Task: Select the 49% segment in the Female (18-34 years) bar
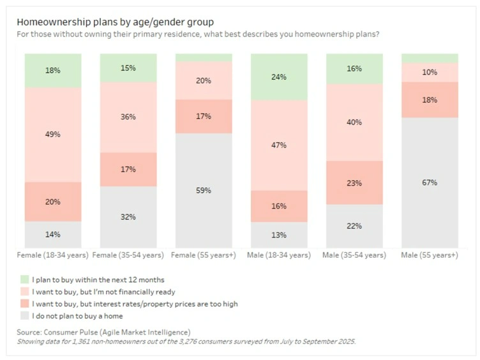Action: (x=53, y=135)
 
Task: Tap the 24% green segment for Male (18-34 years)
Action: (x=279, y=77)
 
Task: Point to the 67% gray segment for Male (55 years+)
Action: (x=430, y=183)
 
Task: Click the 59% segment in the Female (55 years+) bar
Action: (x=204, y=190)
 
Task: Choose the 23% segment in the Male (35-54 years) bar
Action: (x=354, y=183)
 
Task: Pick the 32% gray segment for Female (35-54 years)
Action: (x=128, y=216)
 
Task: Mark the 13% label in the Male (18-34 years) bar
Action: (x=279, y=234)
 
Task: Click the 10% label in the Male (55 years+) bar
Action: (x=430, y=72)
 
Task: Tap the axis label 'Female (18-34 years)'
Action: (x=53, y=255)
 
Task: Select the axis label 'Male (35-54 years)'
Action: (x=354, y=255)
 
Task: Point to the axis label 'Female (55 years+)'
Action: (x=204, y=255)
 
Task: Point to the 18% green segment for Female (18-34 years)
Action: (x=53, y=70)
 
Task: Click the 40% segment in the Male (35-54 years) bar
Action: (x=354, y=122)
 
